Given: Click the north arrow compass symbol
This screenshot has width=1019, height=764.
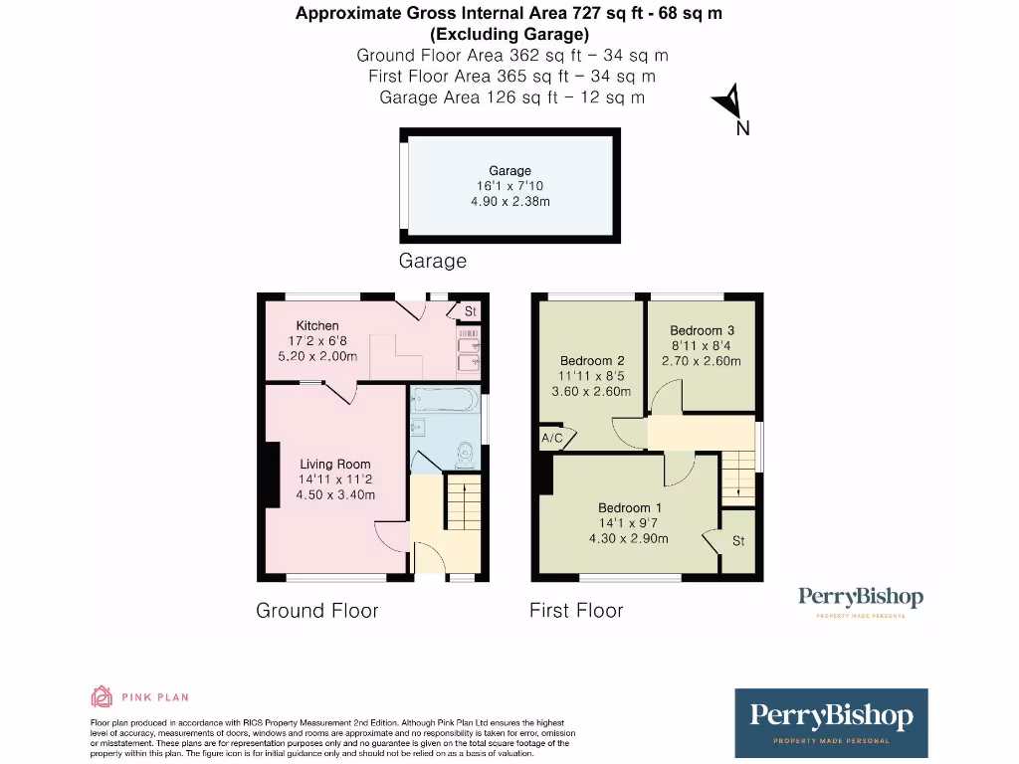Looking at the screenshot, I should (729, 102).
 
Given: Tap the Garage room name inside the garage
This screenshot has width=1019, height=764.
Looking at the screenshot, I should (509, 171).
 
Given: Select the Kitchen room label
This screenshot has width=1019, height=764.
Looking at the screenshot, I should (317, 325).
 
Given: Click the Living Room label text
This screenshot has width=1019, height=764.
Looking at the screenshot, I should (335, 464).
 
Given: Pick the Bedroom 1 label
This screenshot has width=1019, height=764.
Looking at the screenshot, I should (625, 507).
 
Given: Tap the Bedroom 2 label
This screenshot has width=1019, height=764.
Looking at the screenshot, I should (592, 360).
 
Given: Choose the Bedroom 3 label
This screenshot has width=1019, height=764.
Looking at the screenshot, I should (702, 330).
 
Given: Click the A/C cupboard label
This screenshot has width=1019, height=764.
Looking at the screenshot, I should (551, 438).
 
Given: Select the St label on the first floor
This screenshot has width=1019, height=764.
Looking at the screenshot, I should (738, 541).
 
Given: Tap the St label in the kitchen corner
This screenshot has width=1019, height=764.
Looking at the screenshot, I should (471, 311).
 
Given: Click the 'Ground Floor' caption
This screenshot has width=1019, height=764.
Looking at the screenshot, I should (317, 610).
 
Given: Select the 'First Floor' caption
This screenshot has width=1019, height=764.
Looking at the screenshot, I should (576, 610).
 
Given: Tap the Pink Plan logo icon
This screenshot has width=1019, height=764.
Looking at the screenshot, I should (102, 696).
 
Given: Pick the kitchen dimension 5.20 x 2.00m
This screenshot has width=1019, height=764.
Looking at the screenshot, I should (317, 356).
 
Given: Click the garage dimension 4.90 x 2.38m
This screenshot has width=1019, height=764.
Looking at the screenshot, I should (509, 201).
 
